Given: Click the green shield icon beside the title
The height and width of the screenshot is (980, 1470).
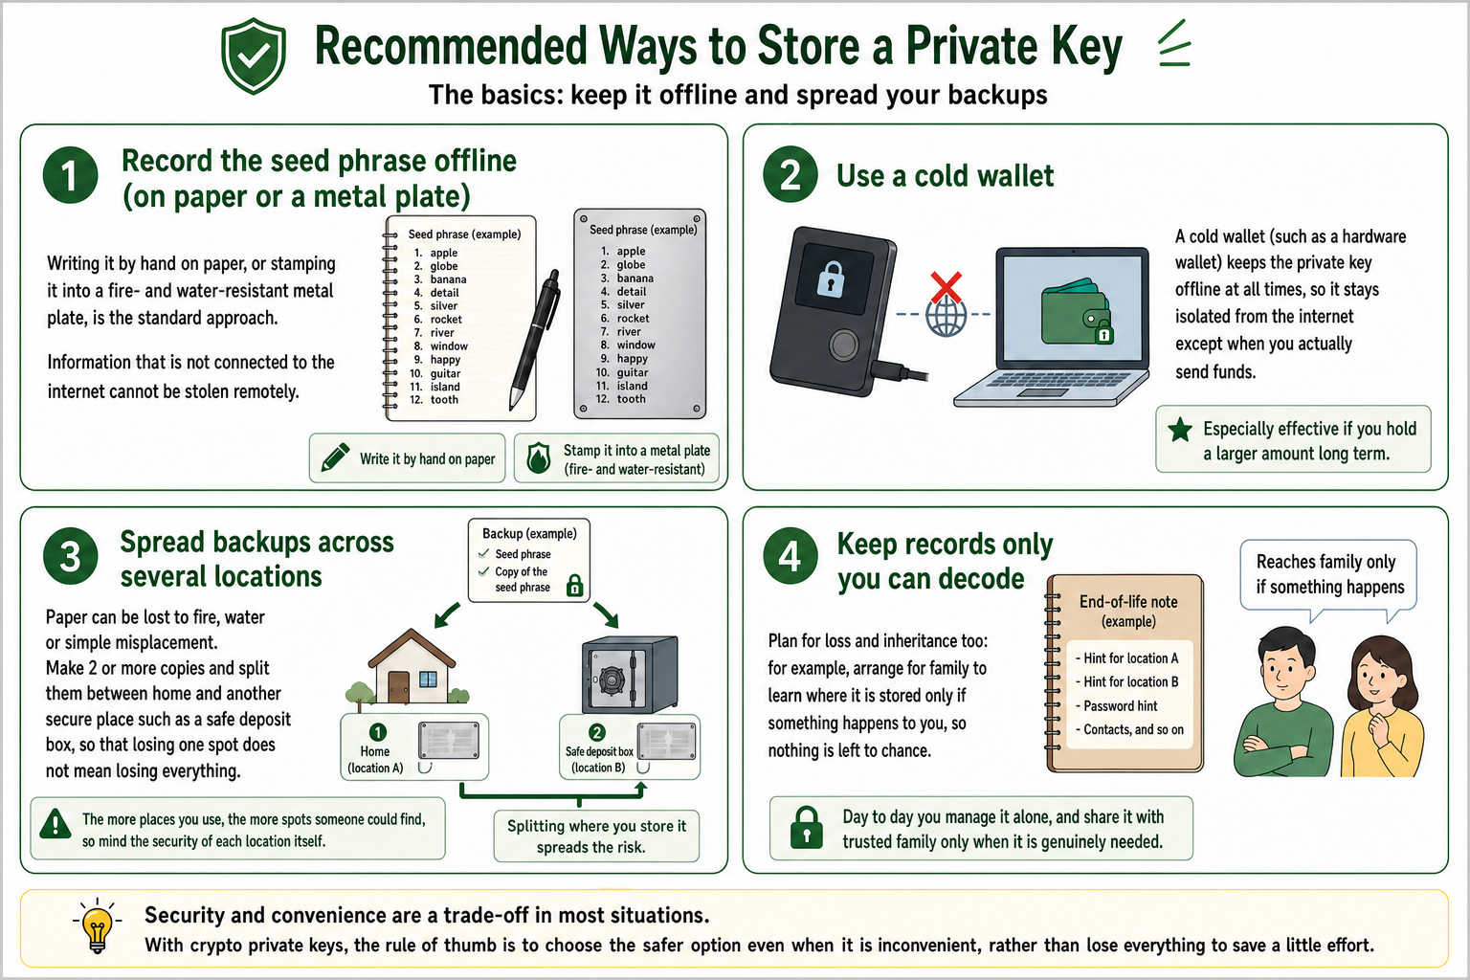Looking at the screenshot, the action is tap(254, 56).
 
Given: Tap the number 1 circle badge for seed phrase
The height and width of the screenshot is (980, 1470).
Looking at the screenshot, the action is tap(70, 175).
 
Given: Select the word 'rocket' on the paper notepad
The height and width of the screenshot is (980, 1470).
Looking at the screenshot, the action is tap(446, 319).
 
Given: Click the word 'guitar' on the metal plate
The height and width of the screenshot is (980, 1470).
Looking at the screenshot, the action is tap(632, 372).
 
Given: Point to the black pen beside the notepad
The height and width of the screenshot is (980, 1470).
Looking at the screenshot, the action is tap(534, 340).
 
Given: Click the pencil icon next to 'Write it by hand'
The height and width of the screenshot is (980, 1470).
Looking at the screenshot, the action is tap(335, 457).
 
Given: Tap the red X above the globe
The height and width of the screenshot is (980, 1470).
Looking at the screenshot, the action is tap(946, 287).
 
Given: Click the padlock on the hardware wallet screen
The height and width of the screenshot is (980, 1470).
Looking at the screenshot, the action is tap(831, 278).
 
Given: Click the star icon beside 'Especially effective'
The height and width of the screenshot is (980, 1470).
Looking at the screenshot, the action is tap(1180, 430).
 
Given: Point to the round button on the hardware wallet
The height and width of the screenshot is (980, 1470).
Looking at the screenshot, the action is tap(843, 345).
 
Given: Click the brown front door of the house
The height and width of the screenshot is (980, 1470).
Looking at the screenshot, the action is tap(398, 687).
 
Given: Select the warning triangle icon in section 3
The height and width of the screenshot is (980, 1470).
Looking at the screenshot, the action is tap(56, 824).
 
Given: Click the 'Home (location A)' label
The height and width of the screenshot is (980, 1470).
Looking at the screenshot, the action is tap(375, 760).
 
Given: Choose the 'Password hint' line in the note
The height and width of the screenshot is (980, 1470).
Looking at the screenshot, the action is tap(1121, 706).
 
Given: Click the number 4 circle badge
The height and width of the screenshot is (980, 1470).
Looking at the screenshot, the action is tap(791, 557).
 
